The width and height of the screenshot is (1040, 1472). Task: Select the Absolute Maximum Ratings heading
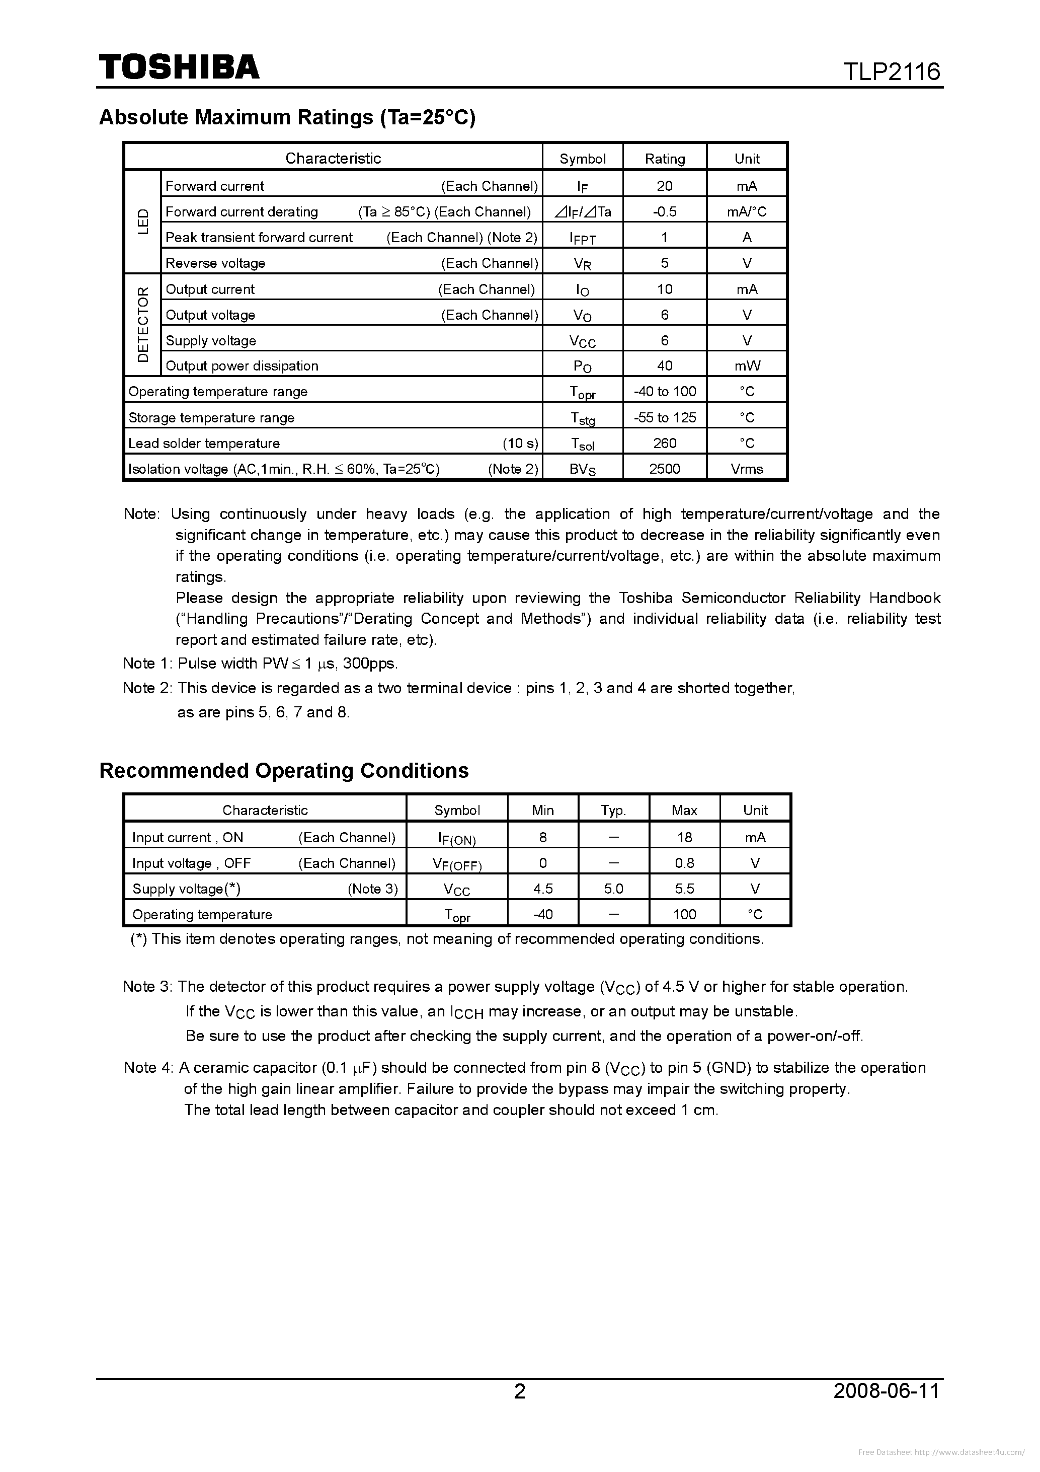pyautogui.click(x=287, y=117)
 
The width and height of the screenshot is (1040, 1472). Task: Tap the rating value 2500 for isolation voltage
pyautogui.click(x=665, y=469)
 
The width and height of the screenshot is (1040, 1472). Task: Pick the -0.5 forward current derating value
pyautogui.click(x=665, y=211)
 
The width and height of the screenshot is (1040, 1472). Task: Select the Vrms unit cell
pyautogui.click(x=747, y=469)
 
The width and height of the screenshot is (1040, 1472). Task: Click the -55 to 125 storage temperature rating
pyautogui.click(x=665, y=417)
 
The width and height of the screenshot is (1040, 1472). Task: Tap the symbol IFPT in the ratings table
pyautogui.click(x=583, y=238)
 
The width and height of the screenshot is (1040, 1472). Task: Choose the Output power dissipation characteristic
pyautogui.click(x=242, y=366)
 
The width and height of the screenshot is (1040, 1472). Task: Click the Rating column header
pyautogui.click(x=665, y=159)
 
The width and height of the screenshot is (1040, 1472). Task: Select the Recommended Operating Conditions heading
pyautogui.click(x=284, y=770)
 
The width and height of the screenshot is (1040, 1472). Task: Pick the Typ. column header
pyautogui.click(x=613, y=809)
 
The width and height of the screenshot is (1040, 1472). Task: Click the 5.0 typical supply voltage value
pyautogui.click(x=613, y=889)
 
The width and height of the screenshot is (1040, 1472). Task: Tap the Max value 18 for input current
pyautogui.click(x=684, y=837)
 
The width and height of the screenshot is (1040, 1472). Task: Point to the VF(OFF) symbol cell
pyautogui.click(x=457, y=863)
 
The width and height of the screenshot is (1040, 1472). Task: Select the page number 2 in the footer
pyautogui.click(x=520, y=1390)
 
